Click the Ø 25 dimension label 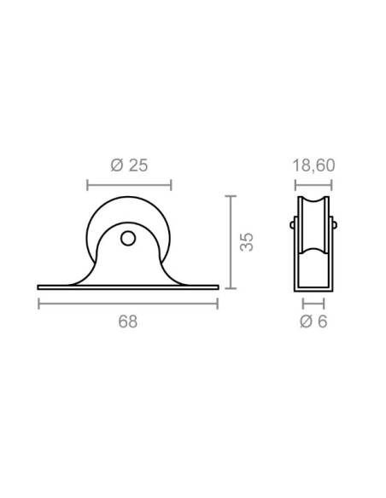(x=129, y=165)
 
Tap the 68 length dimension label (x=128, y=321)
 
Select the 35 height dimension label (x=247, y=242)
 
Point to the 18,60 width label (x=313, y=165)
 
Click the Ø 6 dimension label (x=313, y=321)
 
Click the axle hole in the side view (x=128, y=238)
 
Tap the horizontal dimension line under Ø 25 (x=129, y=185)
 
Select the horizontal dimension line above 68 (x=128, y=304)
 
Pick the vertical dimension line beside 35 (x=231, y=242)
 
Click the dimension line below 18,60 (x=313, y=185)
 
